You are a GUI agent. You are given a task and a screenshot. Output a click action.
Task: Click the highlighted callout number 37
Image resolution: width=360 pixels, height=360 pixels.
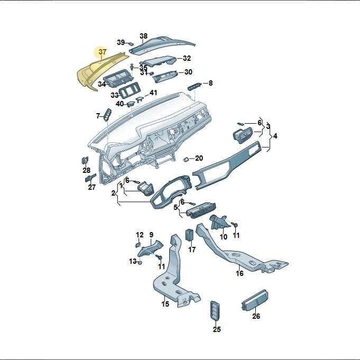pyautogui.click(x=103, y=52)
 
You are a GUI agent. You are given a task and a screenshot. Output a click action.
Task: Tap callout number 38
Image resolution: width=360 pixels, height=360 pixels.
pyautogui.click(x=143, y=36)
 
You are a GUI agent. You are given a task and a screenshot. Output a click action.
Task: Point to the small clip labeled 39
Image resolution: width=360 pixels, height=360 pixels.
pyautogui.click(x=131, y=43)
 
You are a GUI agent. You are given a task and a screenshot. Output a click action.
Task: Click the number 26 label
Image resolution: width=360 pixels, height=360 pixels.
pyautogui.click(x=256, y=316)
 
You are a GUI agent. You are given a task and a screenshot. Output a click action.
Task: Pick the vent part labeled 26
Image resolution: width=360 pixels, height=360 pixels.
pyautogui.click(x=255, y=300)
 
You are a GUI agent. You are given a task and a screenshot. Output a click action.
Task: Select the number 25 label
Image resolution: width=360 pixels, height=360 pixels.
pyautogui.click(x=217, y=329)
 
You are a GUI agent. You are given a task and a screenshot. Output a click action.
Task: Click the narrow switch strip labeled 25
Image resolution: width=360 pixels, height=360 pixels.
pyautogui.click(x=215, y=310)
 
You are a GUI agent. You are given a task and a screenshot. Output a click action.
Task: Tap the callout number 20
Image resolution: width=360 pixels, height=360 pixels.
pyautogui.click(x=199, y=158)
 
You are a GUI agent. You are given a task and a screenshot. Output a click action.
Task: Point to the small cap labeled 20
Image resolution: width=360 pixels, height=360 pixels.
pyautogui.click(x=186, y=159)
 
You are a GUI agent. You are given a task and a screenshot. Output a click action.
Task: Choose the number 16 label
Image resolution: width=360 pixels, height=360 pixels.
pyautogui.click(x=239, y=273)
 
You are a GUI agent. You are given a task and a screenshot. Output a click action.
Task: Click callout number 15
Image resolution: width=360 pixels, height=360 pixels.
pyautogui.click(x=165, y=304)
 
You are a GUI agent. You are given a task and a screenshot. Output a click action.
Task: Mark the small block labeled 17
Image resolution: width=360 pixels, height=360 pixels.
pyautogui.click(x=190, y=234)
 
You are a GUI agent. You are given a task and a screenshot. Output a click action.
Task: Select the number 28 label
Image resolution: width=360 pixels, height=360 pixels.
pyautogui.click(x=86, y=170)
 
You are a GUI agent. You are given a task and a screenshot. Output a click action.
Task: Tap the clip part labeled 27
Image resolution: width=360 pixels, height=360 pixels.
pyautogui.click(x=90, y=178)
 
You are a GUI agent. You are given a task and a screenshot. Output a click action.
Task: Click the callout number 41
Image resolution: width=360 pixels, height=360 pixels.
pyautogui.click(x=153, y=93)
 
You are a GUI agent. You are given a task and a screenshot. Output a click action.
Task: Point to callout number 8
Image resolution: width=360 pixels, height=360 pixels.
pyautogui.click(x=210, y=83)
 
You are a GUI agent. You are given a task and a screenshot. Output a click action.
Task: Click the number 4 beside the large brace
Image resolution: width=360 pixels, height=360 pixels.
pyautogui.click(x=275, y=136)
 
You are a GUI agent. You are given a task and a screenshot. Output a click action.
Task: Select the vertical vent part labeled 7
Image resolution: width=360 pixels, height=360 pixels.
pyautogui.click(x=108, y=115)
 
